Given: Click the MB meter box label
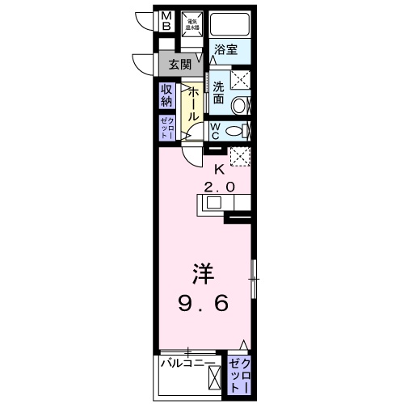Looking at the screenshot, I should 166,21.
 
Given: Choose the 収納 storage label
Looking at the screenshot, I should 166,95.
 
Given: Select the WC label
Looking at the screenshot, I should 217,131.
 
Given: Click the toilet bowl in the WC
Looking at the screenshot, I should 237,131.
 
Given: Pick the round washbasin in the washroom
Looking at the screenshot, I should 240,105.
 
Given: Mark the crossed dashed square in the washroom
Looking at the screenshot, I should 240,80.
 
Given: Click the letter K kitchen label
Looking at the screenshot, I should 218,170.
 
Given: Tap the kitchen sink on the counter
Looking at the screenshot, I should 213,203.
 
